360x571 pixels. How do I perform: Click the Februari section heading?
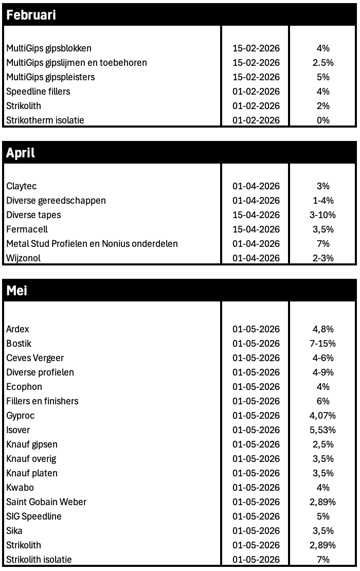point(31,15)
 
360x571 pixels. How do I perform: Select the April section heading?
point(21,153)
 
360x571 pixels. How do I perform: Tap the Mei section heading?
point(17,291)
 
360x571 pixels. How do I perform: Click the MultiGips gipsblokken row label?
point(49,48)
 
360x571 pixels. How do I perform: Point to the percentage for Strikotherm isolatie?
point(323,120)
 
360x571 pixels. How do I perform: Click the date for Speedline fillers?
point(256,92)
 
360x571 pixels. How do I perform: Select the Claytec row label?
point(22,186)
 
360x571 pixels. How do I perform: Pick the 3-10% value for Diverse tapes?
point(323,215)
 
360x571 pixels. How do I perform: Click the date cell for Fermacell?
point(256,229)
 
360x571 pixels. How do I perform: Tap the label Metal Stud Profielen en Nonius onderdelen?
point(92,244)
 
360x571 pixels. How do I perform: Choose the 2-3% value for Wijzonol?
point(323,258)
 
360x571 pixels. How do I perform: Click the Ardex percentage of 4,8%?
point(323,329)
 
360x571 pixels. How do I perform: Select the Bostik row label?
point(19,344)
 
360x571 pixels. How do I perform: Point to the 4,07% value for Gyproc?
point(323,416)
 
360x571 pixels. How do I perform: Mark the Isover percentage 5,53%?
point(323,430)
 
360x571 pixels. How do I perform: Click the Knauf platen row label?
point(32,473)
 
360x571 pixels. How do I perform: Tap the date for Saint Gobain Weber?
point(256,502)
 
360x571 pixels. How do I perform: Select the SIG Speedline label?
point(34,516)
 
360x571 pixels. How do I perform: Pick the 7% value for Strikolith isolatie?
point(323,560)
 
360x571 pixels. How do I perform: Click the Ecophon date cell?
point(256,387)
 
